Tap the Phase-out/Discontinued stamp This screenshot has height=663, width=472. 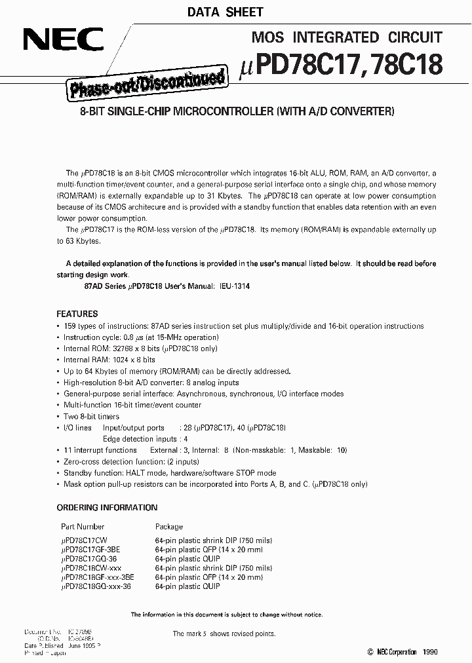coord(146,84)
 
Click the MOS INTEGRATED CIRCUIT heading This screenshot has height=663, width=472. coord(347,37)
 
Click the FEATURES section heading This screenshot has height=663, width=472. coord(77,314)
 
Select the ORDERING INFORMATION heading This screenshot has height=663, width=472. coord(107,508)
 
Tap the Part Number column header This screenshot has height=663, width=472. coord(83,526)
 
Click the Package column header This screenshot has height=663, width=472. coord(168,526)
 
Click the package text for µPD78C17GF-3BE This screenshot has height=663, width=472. coord(208,550)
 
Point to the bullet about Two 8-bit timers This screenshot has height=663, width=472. coord(91,416)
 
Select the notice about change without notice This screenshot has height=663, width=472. coord(226,615)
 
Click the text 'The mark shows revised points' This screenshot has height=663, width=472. coord(224,634)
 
